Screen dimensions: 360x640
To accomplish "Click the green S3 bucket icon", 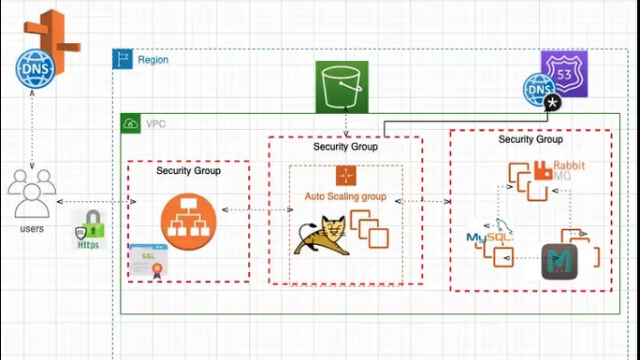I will pos(342,87).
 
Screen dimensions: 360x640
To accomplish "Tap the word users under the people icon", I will pos(31,229).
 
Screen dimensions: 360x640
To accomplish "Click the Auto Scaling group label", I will pos(345,196).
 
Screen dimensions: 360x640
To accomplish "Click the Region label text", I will pos(153,60).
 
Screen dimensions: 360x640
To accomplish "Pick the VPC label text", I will pos(156,123).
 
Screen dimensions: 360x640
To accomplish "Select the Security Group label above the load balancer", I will pos(188,171).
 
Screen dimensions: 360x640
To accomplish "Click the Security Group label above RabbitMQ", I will pos(531,139).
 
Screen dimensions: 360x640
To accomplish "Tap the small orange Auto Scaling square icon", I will pos(346,175).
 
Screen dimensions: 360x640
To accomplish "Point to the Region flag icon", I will pos(123,59).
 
